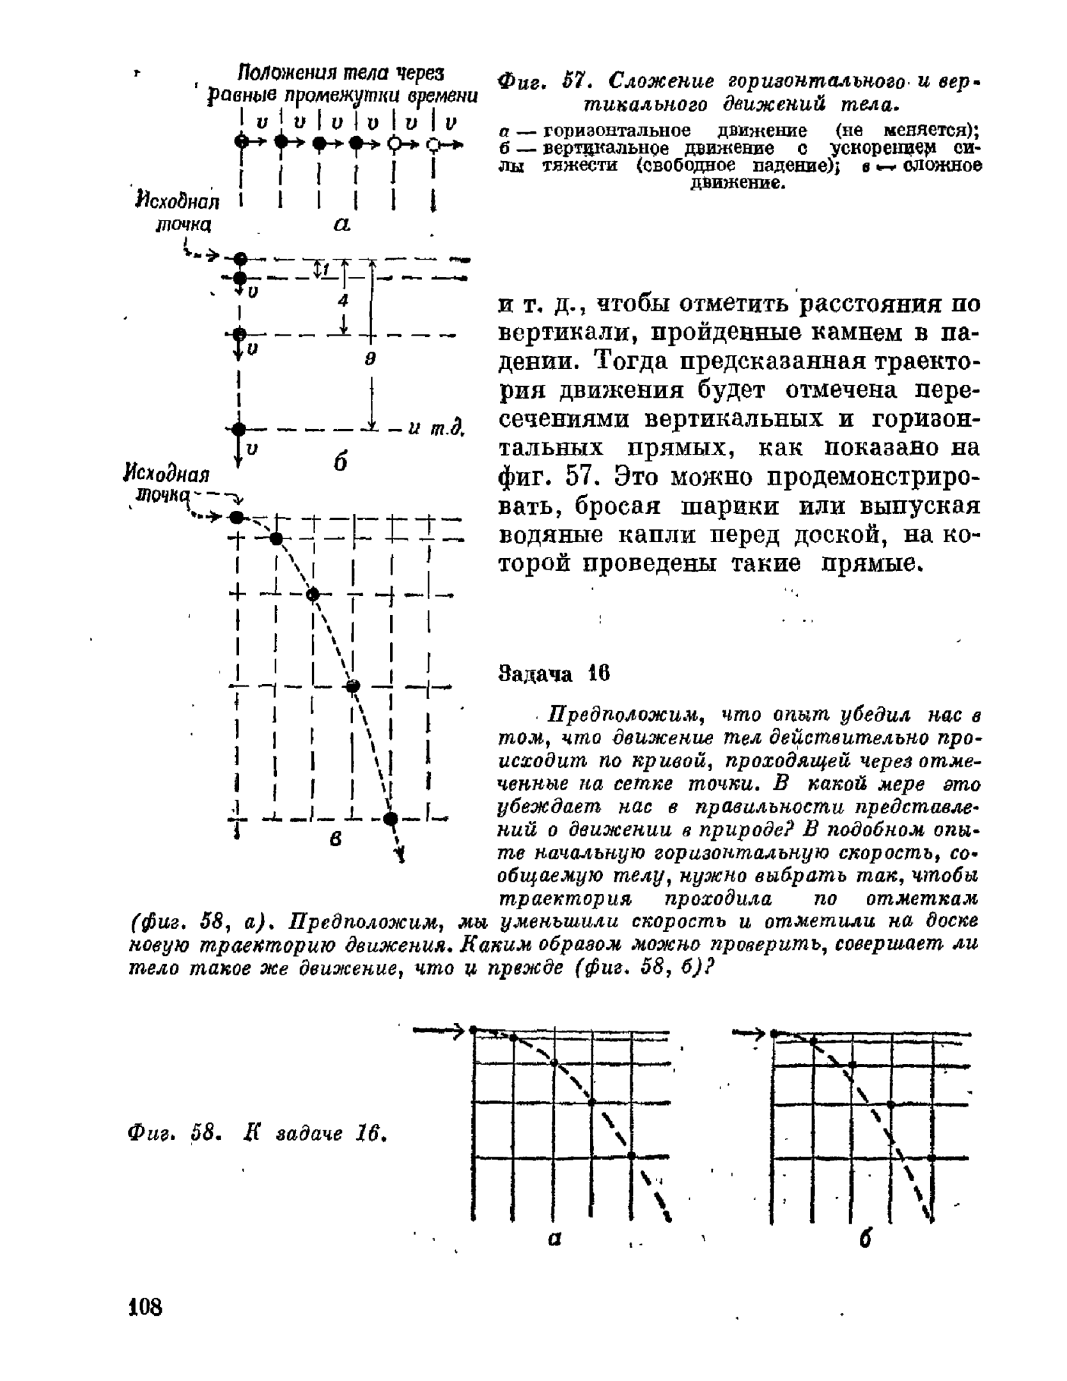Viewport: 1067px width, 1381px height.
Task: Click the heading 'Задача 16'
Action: (x=554, y=674)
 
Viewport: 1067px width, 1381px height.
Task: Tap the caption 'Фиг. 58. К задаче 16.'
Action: (x=258, y=1134)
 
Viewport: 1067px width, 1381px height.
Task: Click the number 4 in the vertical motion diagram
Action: (x=343, y=300)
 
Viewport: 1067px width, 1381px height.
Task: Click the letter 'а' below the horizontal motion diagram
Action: (x=342, y=224)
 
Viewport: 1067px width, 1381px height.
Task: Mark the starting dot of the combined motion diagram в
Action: (x=237, y=517)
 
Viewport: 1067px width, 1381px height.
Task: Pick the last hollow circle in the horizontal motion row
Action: (x=434, y=143)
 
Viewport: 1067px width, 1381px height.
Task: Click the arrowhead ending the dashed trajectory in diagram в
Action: (x=402, y=855)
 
